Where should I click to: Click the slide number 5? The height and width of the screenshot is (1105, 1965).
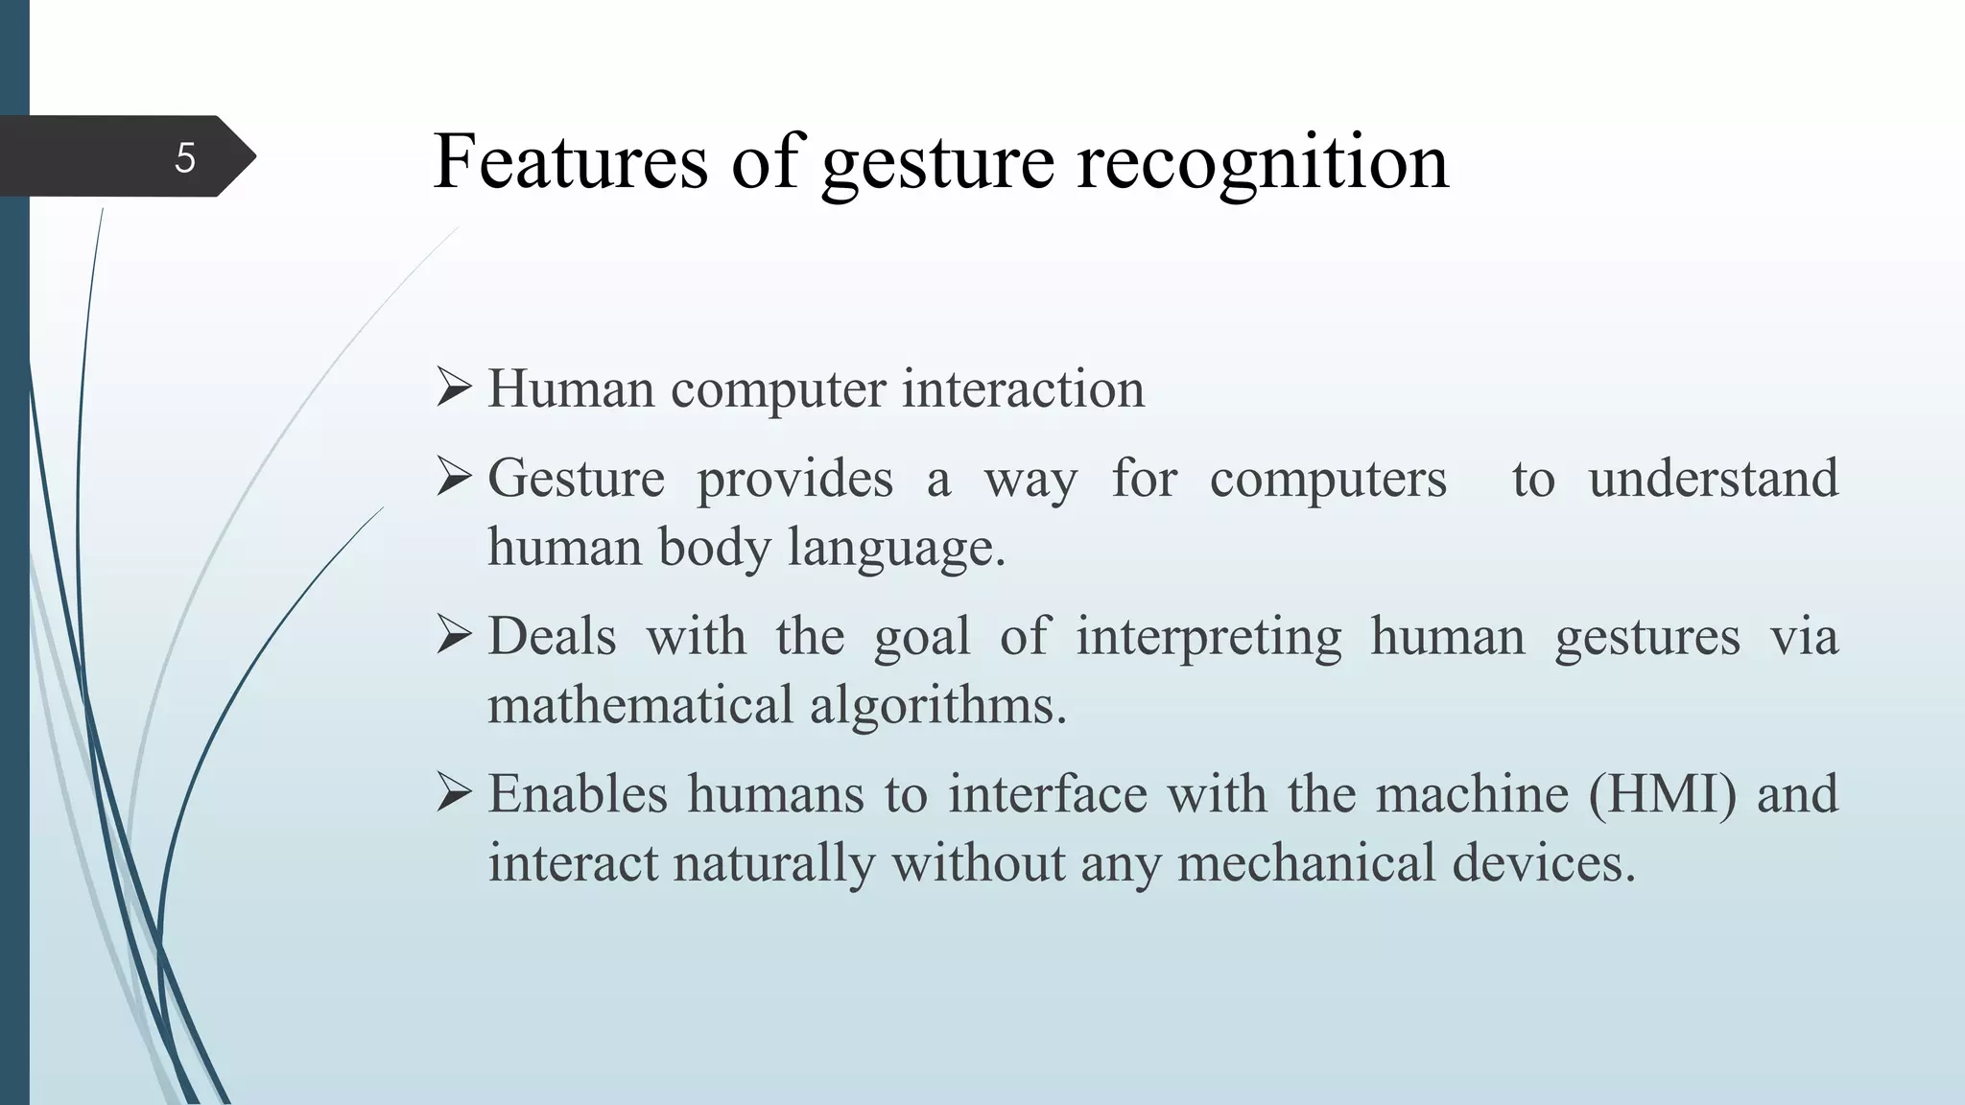185,157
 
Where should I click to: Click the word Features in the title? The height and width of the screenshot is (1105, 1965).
570,161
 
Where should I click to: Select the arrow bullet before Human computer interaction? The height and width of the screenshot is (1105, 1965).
454,388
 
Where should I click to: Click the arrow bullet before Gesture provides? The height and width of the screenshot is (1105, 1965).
454,478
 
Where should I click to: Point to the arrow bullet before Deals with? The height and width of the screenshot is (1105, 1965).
454,636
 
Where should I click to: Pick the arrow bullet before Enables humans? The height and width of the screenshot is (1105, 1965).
454,793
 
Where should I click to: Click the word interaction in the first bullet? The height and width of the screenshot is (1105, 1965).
1023,388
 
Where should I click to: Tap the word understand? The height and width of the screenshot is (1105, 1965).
1713,478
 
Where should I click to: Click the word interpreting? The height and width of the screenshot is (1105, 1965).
1208,637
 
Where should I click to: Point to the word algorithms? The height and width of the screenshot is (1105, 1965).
937,705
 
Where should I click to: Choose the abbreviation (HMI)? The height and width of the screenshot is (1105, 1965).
1662,794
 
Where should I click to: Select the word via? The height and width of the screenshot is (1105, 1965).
1804,636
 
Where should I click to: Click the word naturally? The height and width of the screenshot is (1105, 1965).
774,862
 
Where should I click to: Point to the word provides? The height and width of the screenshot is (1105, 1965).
794,479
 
